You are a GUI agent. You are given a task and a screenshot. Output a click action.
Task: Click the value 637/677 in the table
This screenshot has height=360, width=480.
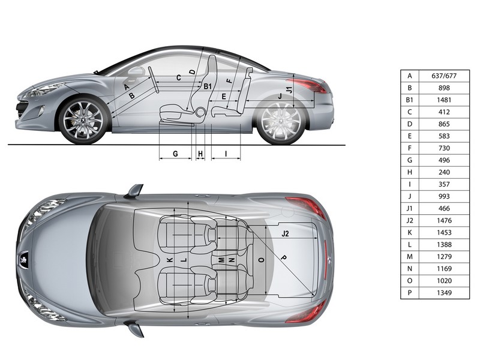click(443, 76)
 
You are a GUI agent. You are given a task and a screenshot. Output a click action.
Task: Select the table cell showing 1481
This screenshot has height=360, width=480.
click(444, 100)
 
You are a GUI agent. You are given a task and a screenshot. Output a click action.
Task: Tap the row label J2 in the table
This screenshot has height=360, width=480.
click(410, 220)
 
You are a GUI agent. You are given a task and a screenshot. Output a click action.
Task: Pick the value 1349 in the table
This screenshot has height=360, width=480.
click(444, 293)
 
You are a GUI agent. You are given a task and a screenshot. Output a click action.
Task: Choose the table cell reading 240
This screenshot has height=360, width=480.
click(444, 172)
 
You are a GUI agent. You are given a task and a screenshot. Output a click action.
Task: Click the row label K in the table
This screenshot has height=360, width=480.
click(410, 232)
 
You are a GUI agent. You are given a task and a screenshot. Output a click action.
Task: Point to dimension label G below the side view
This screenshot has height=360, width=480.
click(175, 154)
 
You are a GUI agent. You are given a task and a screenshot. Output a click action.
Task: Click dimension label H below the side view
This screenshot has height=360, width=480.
click(200, 154)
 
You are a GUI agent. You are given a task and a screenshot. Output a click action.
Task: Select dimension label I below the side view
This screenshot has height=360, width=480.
click(226, 154)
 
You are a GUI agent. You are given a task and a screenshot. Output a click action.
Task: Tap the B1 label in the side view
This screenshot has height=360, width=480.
click(208, 86)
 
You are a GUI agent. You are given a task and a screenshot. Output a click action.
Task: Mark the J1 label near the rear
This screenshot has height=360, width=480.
click(289, 89)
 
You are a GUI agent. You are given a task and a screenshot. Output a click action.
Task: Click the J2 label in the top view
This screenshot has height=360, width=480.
click(285, 234)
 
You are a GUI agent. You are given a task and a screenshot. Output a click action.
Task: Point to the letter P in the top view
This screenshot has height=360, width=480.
click(283, 257)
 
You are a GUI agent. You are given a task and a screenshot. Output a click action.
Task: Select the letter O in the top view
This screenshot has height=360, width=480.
click(261, 260)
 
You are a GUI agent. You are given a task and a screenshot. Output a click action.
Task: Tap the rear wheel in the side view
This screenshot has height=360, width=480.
click(281, 122)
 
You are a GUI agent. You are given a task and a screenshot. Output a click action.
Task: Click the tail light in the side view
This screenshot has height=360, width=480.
click(307, 85)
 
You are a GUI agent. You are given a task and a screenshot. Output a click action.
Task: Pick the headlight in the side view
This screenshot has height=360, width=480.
click(43, 91)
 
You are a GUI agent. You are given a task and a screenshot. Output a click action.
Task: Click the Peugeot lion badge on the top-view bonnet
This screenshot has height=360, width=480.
click(23, 257)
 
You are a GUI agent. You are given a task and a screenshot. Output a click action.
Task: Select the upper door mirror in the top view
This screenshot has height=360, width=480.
click(134, 191)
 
